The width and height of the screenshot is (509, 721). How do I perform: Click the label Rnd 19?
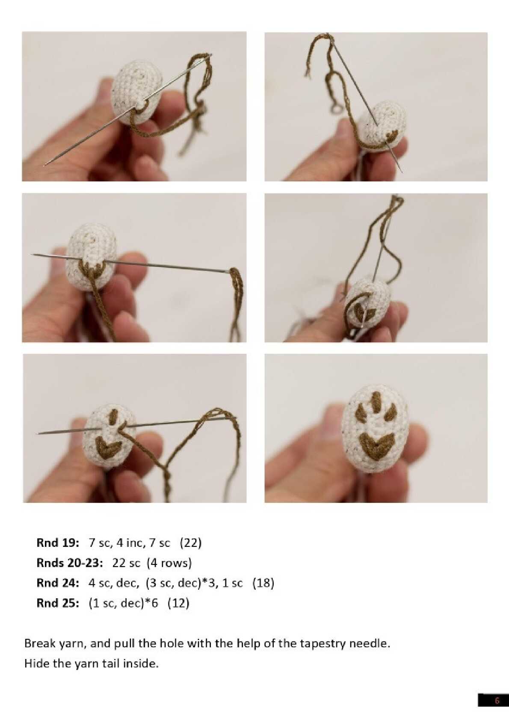pos(58,543)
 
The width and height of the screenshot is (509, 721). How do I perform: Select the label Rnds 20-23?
pos(70,563)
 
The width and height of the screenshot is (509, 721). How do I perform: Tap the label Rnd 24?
pos(58,583)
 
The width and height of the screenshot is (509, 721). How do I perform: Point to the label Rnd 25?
pos(58,603)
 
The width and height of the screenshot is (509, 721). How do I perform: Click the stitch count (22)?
pos(190,543)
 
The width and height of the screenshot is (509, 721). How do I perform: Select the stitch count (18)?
pos(263,583)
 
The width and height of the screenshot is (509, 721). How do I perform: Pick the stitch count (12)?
pos(178,603)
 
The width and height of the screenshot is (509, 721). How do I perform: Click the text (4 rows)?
pos(169,563)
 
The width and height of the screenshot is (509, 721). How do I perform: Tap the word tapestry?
pos(323,644)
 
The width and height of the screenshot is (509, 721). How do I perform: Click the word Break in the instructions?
pos(38,644)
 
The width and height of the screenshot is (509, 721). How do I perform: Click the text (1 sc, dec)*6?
pos(123,603)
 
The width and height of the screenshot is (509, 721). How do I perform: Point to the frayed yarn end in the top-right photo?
pos(308,70)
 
